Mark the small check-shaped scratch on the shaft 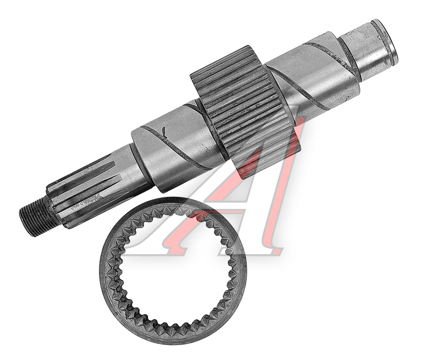tap(164, 132)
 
